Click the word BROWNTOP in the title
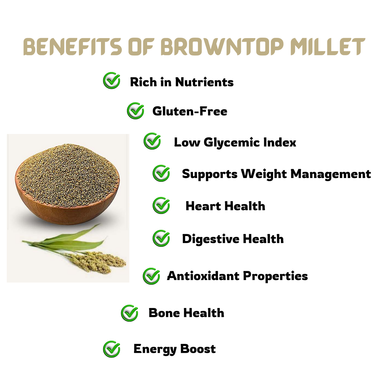[222, 46]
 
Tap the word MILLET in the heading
[328, 46]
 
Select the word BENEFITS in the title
[73, 46]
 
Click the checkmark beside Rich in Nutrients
[111, 80]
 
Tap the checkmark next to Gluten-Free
[136, 111]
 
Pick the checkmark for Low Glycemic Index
[152, 141]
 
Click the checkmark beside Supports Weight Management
[161, 173]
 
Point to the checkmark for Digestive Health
[161, 238]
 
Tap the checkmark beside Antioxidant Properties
[151, 276]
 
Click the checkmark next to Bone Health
[130, 313]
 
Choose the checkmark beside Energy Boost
[111, 349]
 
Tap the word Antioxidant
[203, 276]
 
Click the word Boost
[198, 349]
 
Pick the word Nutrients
[204, 82]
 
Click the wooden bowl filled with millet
[67, 184]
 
